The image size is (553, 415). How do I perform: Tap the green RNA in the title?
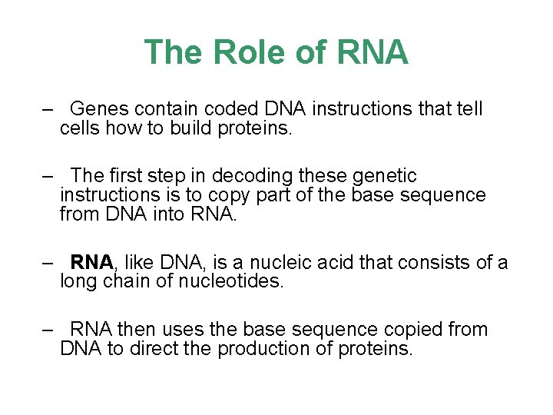coord(371,52)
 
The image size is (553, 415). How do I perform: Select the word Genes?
coord(103,109)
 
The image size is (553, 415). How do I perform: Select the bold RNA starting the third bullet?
coord(92,263)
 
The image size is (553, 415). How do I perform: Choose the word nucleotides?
coord(238,282)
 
